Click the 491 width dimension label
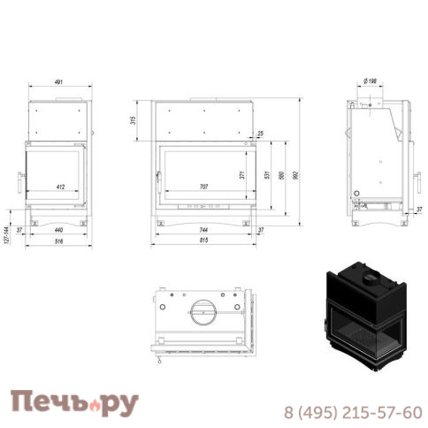click(58, 82)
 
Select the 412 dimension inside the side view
click(60, 187)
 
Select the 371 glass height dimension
click(241, 174)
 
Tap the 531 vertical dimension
click(265, 174)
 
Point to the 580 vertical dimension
click(281, 174)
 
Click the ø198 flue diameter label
click(371, 81)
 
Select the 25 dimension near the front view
click(259, 134)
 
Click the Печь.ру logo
click(74, 402)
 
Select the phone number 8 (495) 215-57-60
click(352, 412)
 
